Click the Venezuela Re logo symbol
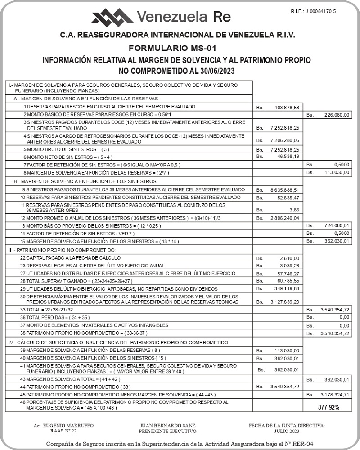112,17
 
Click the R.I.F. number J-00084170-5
314,10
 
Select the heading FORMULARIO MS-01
179,48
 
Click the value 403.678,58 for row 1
287,108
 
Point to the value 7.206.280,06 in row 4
284,140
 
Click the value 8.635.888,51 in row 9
284,190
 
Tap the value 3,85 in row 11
295,210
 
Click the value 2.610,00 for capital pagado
289,258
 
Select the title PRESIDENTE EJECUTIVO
167,431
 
